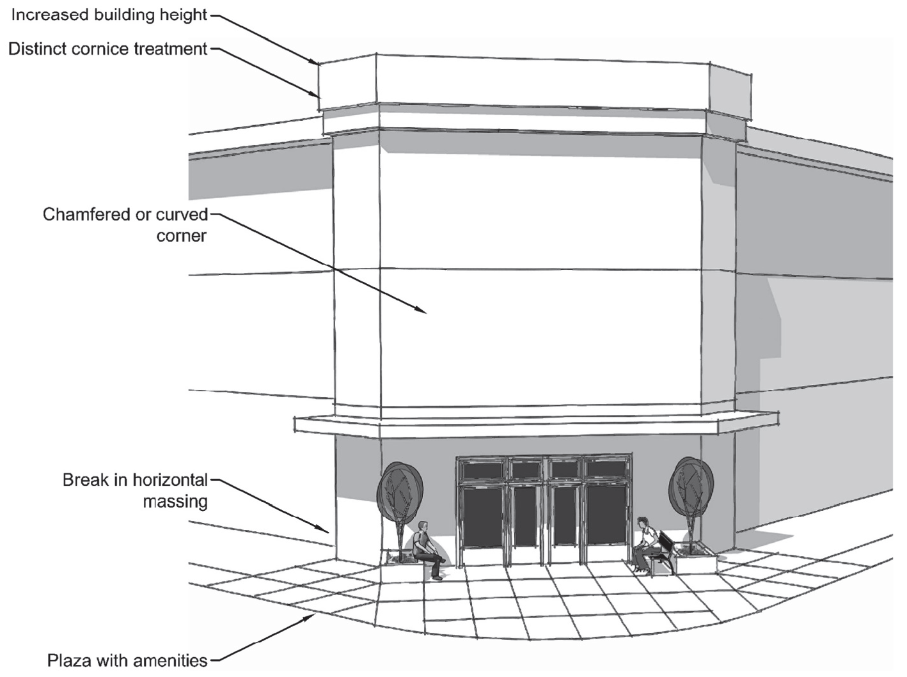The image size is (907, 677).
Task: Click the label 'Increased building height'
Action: (x=109, y=15)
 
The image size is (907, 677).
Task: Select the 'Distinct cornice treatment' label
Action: (x=108, y=49)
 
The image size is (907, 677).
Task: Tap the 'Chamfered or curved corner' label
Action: (x=125, y=224)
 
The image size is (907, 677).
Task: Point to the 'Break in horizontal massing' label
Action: (x=136, y=490)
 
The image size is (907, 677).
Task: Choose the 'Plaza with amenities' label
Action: (x=128, y=660)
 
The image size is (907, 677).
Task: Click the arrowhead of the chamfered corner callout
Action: (x=422, y=311)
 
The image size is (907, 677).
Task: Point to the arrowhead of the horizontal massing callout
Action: (x=326, y=529)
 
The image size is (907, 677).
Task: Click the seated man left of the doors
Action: (x=425, y=549)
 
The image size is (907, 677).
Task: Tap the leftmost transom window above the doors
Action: (x=482, y=469)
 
